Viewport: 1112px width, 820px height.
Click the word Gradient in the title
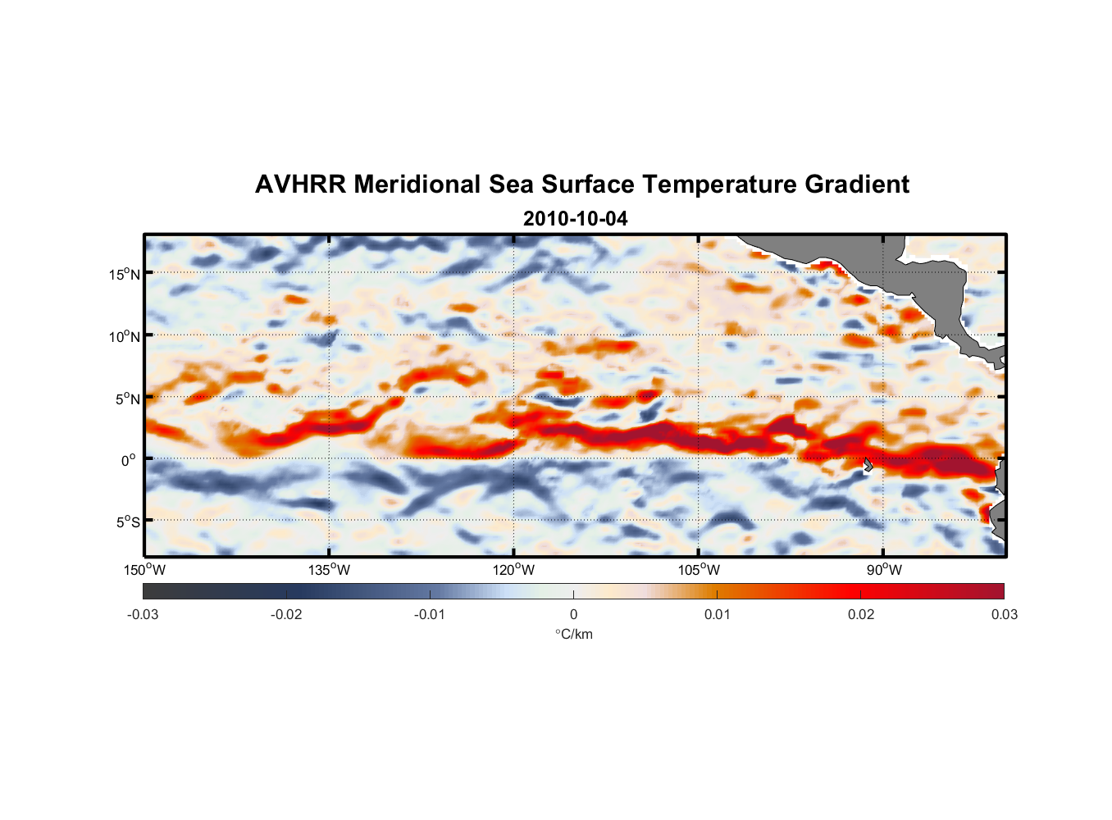tap(857, 184)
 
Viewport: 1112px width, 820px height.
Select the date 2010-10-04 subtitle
tap(575, 219)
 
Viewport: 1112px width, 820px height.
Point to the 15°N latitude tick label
tap(125, 274)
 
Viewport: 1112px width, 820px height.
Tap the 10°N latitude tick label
tap(125, 336)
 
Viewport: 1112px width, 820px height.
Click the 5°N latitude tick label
tap(127, 399)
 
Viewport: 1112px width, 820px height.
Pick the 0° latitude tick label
tap(129, 460)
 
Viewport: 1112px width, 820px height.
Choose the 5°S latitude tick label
tap(127, 522)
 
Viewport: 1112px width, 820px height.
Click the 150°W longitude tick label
tap(144, 570)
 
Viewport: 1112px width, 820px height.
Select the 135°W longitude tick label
tap(329, 570)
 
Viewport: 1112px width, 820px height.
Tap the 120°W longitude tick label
tap(513, 570)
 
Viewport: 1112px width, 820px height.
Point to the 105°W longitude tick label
tap(699, 570)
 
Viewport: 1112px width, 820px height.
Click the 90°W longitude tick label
tap(884, 570)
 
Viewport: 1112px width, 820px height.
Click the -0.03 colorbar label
tap(143, 614)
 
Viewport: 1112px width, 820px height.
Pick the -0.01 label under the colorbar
tap(430, 614)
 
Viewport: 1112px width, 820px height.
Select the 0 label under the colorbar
tap(573, 614)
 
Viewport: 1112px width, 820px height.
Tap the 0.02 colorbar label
tap(861, 614)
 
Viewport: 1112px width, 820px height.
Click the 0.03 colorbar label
tap(1004, 614)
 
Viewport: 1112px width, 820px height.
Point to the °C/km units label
tap(573, 634)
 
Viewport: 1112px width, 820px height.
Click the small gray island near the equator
tap(868, 465)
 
